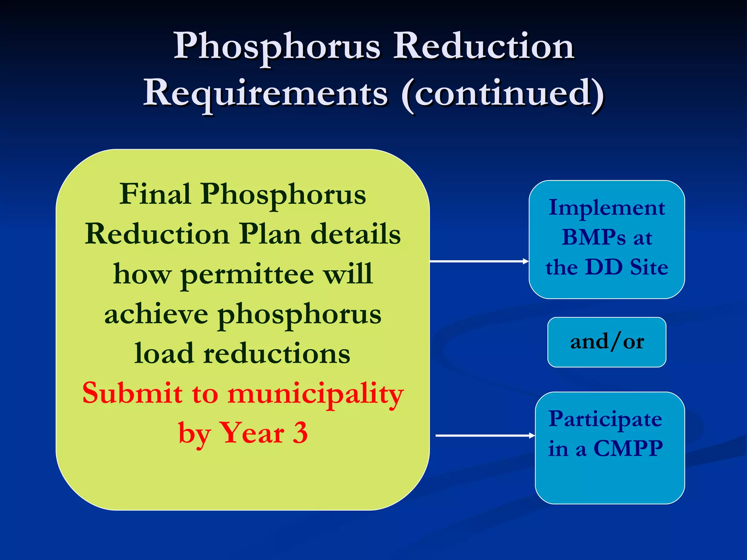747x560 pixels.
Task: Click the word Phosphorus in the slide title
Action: pos(277,47)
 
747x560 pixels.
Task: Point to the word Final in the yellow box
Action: pos(155,194)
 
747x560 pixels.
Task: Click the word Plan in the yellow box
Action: pos(270,234)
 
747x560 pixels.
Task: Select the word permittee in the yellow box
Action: pos(247,274)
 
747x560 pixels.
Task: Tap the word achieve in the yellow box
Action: pos(156,314)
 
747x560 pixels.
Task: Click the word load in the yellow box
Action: pos(164,354)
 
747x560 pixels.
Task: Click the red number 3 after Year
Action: pos(300,433)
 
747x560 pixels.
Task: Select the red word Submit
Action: pos(132,394)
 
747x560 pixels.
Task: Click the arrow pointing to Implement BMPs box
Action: pos(479,261)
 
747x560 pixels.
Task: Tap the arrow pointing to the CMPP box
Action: pos(485,436)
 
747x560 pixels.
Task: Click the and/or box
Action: pos(607,342)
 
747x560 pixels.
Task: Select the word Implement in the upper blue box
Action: pos(607,208)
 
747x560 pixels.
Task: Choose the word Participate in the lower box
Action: pos(605,419)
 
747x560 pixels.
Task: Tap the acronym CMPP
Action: pos(628,448)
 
